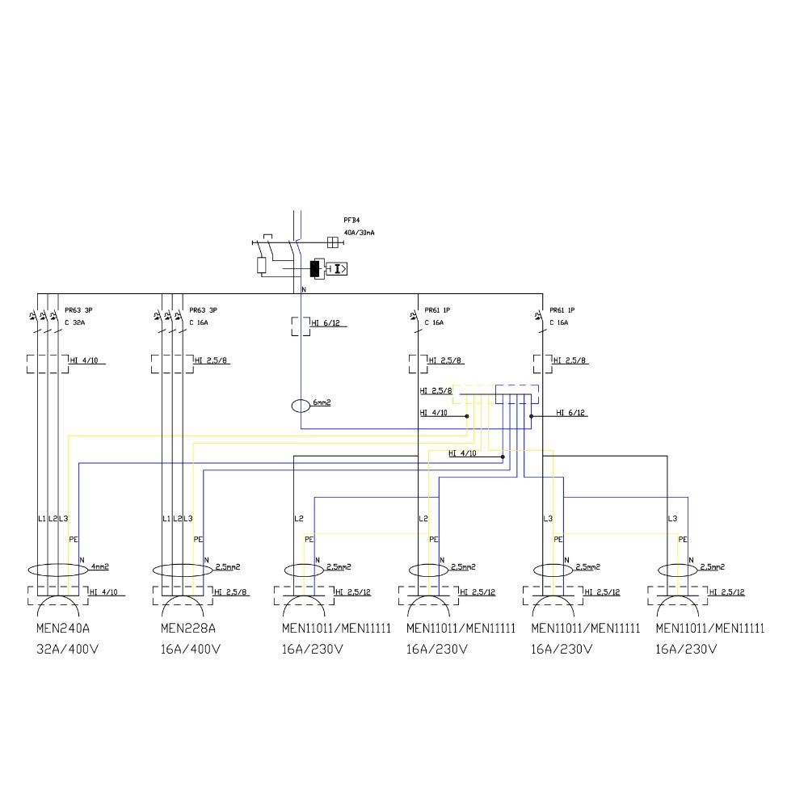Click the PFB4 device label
(351, 220)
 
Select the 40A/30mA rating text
(359, 233)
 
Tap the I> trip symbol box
(339, 269)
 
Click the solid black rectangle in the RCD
(315, 269)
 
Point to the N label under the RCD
(304, 289)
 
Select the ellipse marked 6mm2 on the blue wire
(301, 406)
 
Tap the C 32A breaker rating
(74, 322)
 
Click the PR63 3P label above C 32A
(78, 310)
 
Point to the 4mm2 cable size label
(100, 566)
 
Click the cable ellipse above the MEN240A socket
(53, 570)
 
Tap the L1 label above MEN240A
(42, 518)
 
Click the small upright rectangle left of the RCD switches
(262, 266)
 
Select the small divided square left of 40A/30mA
(330, 241)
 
